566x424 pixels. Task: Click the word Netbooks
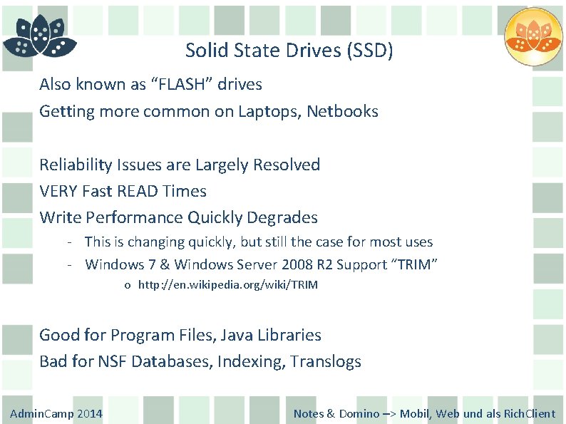tap(343, 112)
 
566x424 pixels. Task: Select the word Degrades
tap(283, 217)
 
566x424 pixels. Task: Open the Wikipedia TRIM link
tap(228, 285)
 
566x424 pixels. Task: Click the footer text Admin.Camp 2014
tap(56, 413)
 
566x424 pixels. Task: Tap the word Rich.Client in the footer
tap(530, 413)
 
